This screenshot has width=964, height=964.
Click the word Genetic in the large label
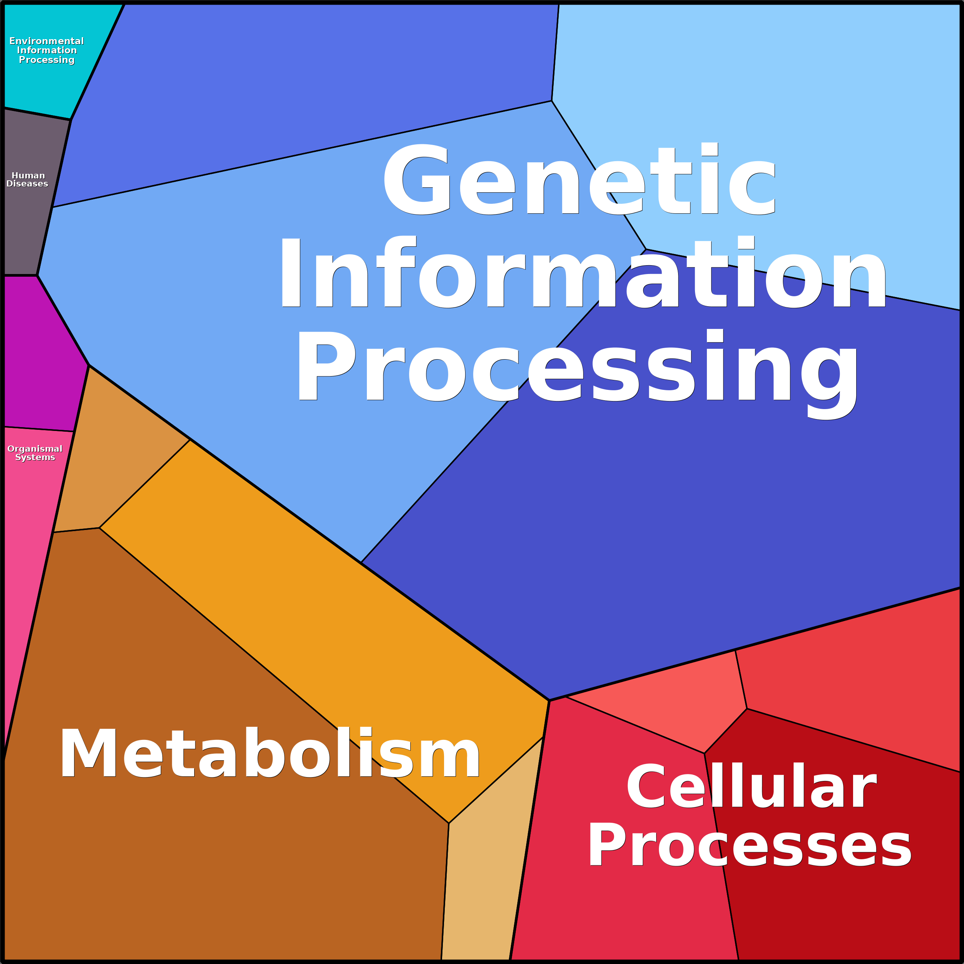point(579,180)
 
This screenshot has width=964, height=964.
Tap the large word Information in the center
point(582,272)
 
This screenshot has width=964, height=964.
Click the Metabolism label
point(269,753)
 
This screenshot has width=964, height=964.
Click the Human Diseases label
point(28,180)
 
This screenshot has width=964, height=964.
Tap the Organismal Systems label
point(35,453)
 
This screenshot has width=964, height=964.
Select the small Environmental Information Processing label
point(47,50)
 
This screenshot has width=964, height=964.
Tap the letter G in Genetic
point(417,180)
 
